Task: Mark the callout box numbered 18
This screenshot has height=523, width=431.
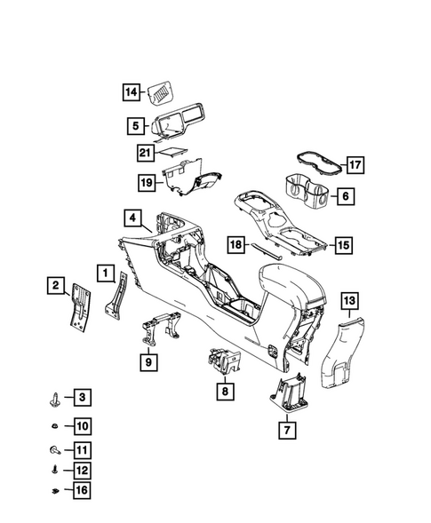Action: coord(235,244)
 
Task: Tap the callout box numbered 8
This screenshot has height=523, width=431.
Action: coord(224,390)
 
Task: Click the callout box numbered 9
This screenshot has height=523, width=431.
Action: coord(148,361)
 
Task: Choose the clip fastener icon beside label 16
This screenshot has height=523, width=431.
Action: coord(56,490)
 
